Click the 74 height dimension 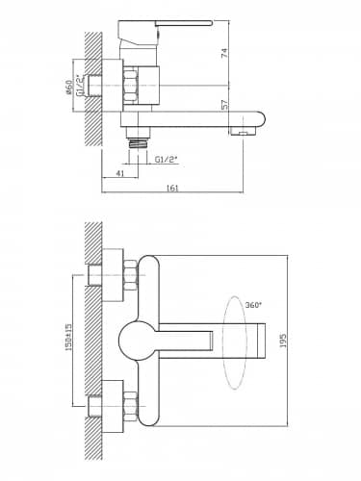point(224,53)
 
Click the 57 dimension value point(224,105)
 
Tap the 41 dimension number point(119,173)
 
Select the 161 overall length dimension point(172,188)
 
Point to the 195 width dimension point(283,341)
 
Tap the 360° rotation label point(253,305)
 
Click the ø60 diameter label point(68,88)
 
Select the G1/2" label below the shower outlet point(166,160)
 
